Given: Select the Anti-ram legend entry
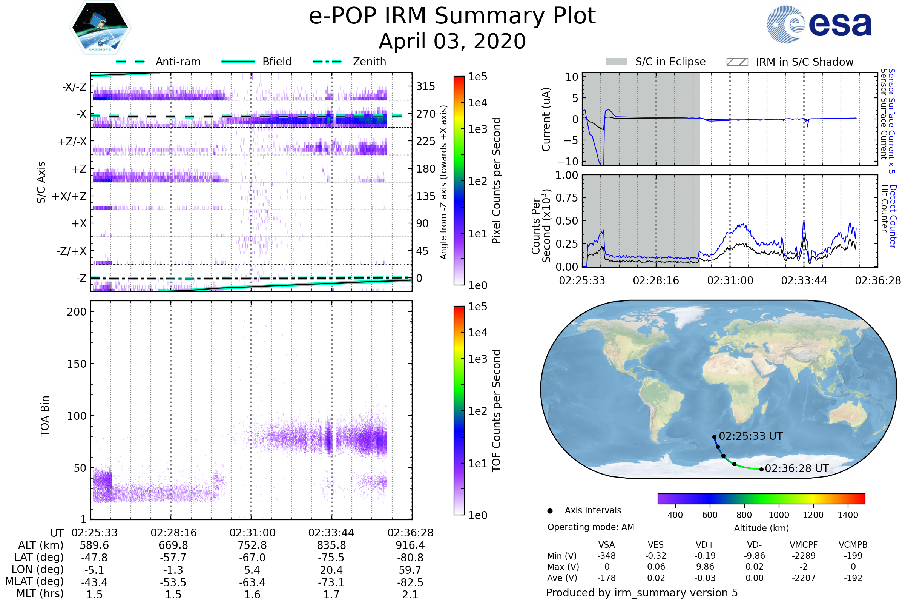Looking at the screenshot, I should [x=158, y=62].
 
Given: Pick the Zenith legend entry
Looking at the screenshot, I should [x=350, y=62].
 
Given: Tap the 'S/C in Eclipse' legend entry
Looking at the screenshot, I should [x=656, y=62].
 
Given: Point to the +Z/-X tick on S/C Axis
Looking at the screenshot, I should [x=72, y=142].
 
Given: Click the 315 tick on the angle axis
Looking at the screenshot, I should [x=425, y=87].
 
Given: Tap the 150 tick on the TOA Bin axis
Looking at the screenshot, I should [x=77, y=364].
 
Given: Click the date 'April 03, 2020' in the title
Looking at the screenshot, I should [x=452, y=42].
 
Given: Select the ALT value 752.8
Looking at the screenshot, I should [x=252, y=545].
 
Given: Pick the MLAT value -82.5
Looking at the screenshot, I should [x=410, y=582].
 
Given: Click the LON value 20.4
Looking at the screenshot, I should [x=331, y=570].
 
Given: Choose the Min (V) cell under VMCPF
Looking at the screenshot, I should [x=804, y=556].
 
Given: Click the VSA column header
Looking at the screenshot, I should [x=606, y=545].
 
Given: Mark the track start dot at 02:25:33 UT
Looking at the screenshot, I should [x=715, y=437].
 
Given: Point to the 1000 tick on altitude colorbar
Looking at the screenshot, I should [x=779, y=515].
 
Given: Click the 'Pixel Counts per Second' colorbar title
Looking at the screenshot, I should [x=496, y=181].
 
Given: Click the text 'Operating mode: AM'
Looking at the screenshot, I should [x=591, y=527].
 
